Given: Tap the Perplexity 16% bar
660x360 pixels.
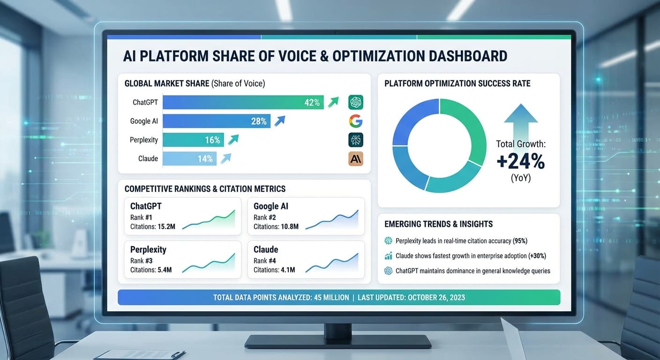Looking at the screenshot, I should pyautogui.click(x=193, y=140).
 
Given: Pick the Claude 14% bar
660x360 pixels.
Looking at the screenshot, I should pyautogui.click(x=189, y=158).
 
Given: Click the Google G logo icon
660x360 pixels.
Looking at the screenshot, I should pyautogui.click(x=356, y=121).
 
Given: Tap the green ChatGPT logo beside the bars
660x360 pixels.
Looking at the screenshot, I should pyautogui.click(x=356, y=102).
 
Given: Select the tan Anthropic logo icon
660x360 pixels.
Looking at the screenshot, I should pyautogui.click(x=356, y=158).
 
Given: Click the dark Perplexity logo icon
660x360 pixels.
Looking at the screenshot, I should pyautogui.click(x=356, y=140).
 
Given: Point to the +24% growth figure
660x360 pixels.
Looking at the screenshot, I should pyautogui.click(x=521, y=162).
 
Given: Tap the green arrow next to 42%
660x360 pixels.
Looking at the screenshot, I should pyautogui.click(x=333, y=102).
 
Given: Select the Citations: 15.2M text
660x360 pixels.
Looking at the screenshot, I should pyautogui.click(x=153, y=226).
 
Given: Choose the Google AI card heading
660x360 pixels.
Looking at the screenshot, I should pyautogui.click(x=271, y=206).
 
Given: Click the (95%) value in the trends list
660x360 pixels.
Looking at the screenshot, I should pyautogui.click(x=520, y=241).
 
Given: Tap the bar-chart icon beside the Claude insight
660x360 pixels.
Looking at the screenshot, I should pyautogui.click(x=388, y=256).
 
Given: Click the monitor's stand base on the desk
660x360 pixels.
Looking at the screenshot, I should pyautogui.click(x=337, y=341).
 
